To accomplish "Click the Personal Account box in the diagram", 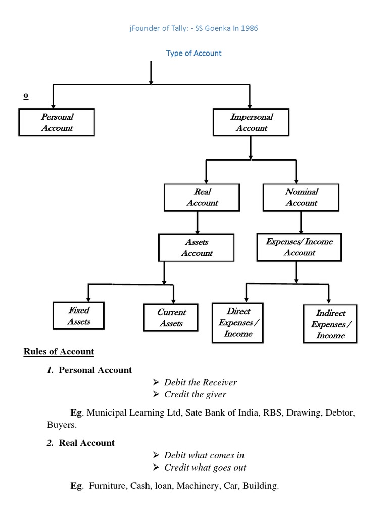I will [57, 122].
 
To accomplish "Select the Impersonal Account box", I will [251, 122].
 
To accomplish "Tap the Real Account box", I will [202, 197].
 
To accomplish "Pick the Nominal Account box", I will [301, 197].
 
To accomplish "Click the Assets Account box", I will [197, 247].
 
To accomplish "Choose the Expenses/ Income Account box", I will [299, 247].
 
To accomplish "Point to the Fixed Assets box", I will [78, 316].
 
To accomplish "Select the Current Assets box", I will [171, 318].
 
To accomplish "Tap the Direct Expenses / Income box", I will [238, 322].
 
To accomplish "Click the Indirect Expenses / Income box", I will [330, 324].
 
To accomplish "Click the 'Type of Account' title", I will [194, 53].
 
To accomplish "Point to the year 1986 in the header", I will [249, 28].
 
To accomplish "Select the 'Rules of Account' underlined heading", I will [59, 351].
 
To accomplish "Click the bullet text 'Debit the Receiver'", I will [200, 382].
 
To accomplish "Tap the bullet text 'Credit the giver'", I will [195, 394].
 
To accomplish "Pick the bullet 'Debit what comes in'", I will [204, 455].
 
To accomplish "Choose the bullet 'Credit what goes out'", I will [205, 468].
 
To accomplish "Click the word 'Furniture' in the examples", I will [107, 486].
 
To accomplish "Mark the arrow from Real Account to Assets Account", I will [197, 222].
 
